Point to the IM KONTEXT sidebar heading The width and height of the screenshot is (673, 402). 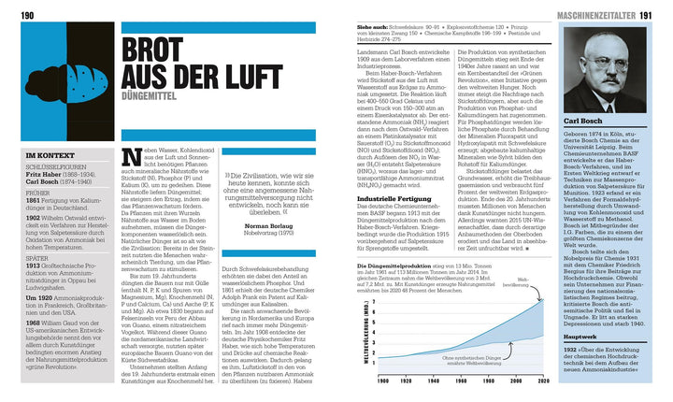45,154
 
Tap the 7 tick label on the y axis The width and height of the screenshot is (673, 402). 375,303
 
